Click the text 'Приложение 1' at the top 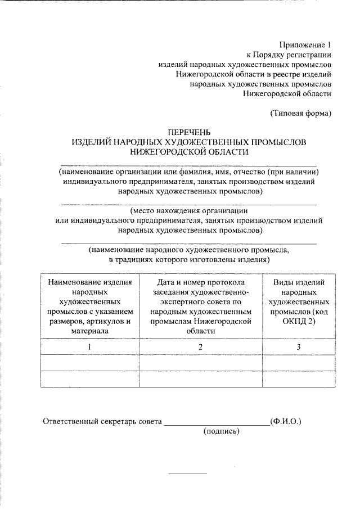tap(306, 44)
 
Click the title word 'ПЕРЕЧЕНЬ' tap(189, 132)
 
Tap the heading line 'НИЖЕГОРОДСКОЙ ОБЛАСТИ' tap(189, 152)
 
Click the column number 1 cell tap(89, 347)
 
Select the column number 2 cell tap(201, 347)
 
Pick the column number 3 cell tap(299, 347)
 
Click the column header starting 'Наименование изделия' tap(89, 307)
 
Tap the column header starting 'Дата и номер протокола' tap(201, 307)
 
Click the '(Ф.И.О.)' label tap(286, 421)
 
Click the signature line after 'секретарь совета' tap(217, 424)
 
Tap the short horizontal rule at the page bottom tap(188, 472)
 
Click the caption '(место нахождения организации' tap(189, 211)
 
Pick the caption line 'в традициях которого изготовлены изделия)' tap(189, 260)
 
